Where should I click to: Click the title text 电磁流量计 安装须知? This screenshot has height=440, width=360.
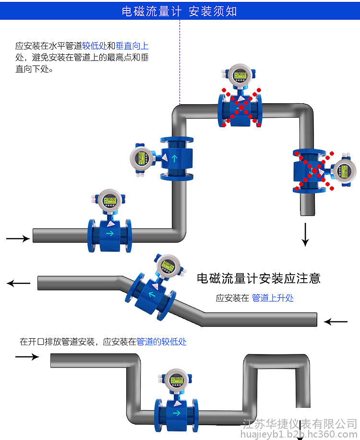(180, 11)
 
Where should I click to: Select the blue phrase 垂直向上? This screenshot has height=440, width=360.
(132, 47)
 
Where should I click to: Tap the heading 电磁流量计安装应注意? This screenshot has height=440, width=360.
(259, 278)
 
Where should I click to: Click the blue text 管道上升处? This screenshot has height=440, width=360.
(273, 298)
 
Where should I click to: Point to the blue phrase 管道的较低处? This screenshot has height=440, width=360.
(161, 342)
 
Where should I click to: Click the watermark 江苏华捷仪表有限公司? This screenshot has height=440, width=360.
(300, 424)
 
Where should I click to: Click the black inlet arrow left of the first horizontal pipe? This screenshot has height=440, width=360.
(18, 238)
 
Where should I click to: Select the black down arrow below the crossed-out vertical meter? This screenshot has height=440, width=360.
(305, 235)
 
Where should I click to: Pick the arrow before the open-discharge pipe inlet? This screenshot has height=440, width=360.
(27, 356)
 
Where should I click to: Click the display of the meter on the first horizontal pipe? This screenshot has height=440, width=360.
(110, 200)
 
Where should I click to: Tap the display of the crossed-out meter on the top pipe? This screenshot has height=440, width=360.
(240, 75)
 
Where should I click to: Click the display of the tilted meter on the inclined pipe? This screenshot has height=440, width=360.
(168, 265)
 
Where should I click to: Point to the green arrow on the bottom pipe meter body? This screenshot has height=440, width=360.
(177, 413)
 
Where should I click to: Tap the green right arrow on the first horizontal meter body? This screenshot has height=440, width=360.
(110, 233)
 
